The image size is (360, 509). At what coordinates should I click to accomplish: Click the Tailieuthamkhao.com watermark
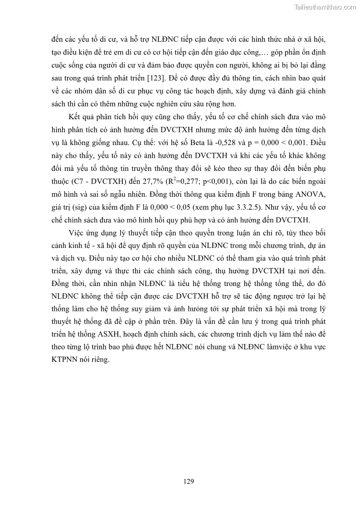click(x=325, y=7)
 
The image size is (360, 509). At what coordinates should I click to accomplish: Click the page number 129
click(x=189, y=481)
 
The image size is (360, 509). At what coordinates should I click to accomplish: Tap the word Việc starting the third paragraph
click(x=77, y=233)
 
